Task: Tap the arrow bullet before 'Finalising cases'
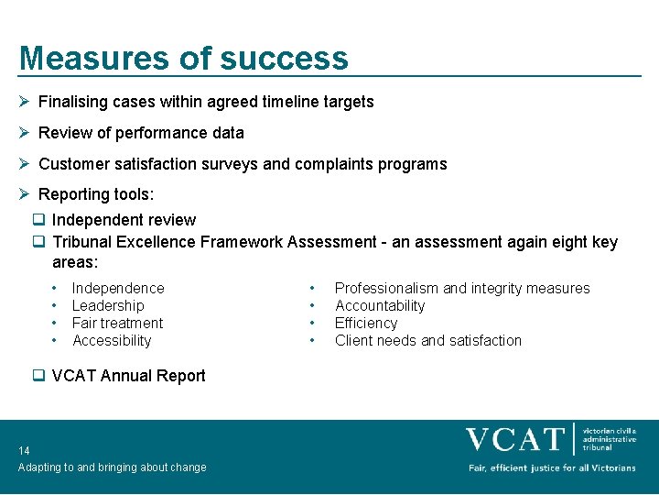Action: (x=26, y=102)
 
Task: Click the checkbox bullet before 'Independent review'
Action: (x=39, y=220)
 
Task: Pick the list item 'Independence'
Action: (x=118, y=288)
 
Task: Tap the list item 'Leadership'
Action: (x=108, y=305)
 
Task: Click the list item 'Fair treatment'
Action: (x=117, y=323)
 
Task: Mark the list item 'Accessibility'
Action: (x=112, y=340)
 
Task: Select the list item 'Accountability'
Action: (x=380, y=305)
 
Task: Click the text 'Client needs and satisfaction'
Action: (x=427, y=340)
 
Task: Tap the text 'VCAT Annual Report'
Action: (x=128, y=375)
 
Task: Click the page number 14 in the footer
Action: (x=24, y=450)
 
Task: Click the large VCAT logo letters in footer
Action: (x=514, y=439)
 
